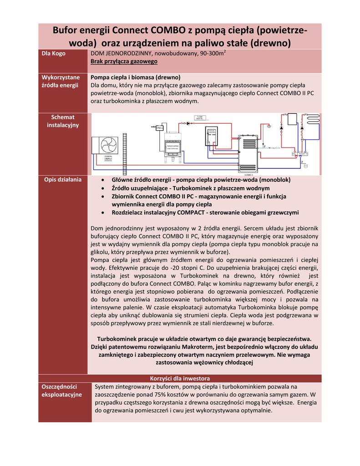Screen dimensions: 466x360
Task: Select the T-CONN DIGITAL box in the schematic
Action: [199, 118]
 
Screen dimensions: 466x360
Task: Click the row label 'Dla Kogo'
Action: [53, 54]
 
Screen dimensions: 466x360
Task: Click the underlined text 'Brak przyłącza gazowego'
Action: [124, 61]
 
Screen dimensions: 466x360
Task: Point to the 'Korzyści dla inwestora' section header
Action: [180, 379]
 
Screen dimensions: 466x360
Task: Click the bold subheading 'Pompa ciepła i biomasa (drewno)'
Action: [136, 77]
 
